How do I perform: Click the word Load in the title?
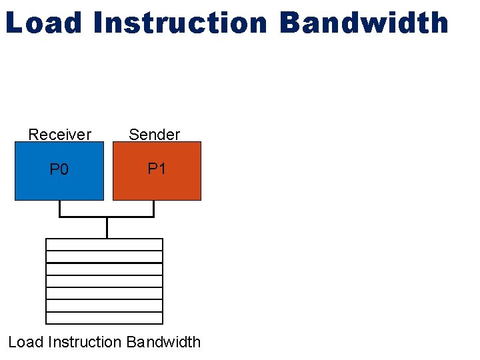[43, 23]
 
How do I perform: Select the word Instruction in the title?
[180, 23]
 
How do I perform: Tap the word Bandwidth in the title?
[364, 23]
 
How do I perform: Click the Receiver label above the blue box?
[59, 135]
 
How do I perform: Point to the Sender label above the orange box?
[154, 135]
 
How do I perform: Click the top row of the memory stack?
[104, 245]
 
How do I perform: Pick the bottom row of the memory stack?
[104, 317]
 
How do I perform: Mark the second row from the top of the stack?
[104, 257]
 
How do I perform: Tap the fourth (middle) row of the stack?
[104, 281]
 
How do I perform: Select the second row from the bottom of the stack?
[104, 305]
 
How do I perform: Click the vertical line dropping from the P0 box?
[60, 208]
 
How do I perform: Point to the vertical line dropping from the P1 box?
[153, 208]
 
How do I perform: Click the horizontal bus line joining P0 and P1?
[83, 217]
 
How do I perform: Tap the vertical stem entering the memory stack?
[107, 228]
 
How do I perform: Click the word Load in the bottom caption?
[25, 342]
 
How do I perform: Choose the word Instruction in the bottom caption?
[83, 342]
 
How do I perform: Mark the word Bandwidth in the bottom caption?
[163, 342]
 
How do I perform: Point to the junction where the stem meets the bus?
[107, 217]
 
